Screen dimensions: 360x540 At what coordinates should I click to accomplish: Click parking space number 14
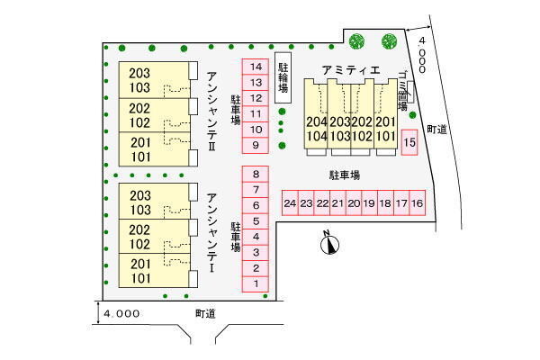click(256, 67)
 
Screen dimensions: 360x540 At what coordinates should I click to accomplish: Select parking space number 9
click(256, 145)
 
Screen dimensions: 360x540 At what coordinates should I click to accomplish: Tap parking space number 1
click(256, 284)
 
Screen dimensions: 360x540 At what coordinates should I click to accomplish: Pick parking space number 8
click(256, 175)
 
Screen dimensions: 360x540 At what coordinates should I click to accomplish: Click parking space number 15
click(409, 143)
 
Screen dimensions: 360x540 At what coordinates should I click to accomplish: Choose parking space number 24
click(290, 204)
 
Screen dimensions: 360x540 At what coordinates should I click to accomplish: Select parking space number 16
click(417, 204)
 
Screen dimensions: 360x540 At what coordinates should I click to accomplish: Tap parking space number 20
click(354, 204)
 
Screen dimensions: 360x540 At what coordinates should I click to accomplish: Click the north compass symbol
click(329, 241)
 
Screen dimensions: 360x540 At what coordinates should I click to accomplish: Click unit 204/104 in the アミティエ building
click(316, 130)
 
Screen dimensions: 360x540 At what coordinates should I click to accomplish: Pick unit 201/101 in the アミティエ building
click(385, 130)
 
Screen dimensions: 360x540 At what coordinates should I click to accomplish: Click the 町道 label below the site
click(206, 313)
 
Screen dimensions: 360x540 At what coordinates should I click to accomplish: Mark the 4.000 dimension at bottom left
click(121, 314)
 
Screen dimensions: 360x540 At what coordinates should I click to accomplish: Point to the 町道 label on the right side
click(438, 130)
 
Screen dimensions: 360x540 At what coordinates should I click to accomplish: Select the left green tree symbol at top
click(356, 40)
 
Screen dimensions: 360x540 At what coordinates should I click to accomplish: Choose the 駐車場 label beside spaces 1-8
click(236, 236)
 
